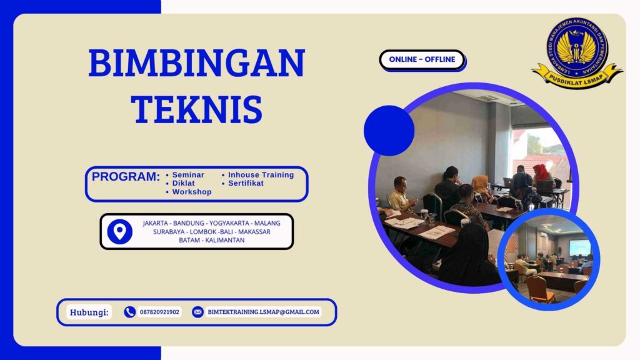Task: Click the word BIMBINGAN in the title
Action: tap(196, 63)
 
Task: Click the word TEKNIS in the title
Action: tap(196, 108)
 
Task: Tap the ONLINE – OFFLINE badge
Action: tap(422, 60)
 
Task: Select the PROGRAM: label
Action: tap(126, 177)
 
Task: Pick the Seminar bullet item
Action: tap(187, 175)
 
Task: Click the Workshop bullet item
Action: tap(191, 192)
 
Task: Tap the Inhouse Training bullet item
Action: tap(260, 175)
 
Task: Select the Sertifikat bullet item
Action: tap(245, 183)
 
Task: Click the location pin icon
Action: tap(119, 231)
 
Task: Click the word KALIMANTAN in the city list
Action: tap(222, 240)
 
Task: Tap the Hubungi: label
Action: tap(89, 312)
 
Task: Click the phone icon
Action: tap(129, 312)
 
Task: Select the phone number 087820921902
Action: tap(159, 312)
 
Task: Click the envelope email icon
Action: tap(197, 312)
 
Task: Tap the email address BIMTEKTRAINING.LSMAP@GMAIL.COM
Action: tap(263, 312)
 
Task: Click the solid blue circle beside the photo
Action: tap(389, 131)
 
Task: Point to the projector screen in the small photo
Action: tap(579, 247)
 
